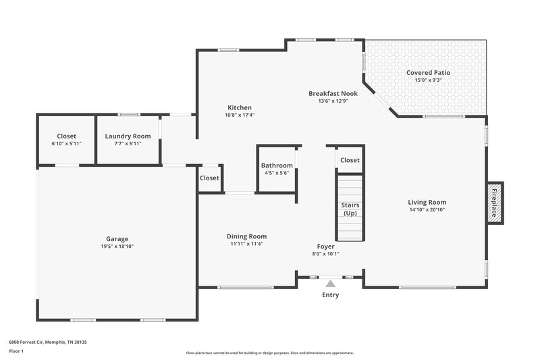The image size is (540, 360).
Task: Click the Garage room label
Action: pos(117,238)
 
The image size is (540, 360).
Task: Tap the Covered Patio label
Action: pos(428,73)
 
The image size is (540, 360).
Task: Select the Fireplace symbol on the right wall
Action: pos(495,202)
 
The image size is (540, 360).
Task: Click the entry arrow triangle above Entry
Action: pos(331,284)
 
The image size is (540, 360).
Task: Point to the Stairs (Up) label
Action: pos(350,209)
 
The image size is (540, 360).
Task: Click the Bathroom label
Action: pos(277,165)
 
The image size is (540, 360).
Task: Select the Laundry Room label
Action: pos(128,136)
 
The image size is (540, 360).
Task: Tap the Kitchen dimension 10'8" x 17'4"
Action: pos(240,115)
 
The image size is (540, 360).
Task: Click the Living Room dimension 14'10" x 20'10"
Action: pos(427,209)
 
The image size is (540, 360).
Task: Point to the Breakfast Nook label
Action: pos(333,93)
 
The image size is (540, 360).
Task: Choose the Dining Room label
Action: pos(246,236)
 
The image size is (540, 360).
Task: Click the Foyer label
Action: pos(326,247)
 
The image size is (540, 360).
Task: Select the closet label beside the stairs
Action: pos(350,160)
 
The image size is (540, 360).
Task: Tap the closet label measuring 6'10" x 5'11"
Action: pos(66,143)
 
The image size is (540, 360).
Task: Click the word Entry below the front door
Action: pos(331,295)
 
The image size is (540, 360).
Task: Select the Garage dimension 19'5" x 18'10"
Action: pos(117,246)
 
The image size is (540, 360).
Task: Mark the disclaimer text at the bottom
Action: pos(270,353)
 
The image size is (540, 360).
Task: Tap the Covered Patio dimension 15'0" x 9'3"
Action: pos(428,80)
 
